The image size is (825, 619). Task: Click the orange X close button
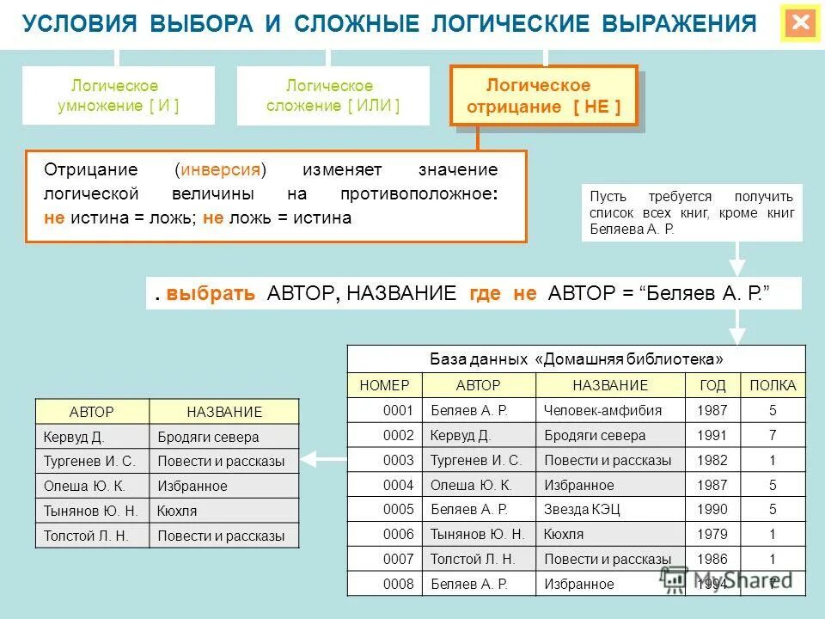[801, 23]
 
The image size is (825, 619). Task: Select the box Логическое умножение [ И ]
[119, 96]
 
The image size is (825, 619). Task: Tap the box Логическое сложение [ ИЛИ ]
[333, 96]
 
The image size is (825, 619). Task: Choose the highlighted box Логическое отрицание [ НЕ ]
[543, 96]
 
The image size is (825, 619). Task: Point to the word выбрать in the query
[211, 293]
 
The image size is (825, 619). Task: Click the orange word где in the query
[485, 293]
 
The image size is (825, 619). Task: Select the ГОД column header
[712, 385]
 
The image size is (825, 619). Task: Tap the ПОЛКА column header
[773, 385]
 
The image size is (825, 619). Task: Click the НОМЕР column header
[384, 385]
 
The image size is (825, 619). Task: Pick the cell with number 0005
[399, 510]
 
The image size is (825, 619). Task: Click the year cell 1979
[712, 535]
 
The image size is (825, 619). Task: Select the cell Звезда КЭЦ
[582, 510]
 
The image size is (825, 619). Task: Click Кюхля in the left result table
[178, 511]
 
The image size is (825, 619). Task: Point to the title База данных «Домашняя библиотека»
[576, 359]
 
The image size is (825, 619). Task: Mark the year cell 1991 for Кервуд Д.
[712, 435]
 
